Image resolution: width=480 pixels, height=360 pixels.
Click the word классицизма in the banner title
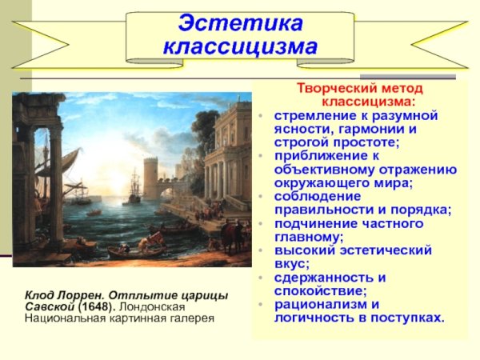(x=240, y=47)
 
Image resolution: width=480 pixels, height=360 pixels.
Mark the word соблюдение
(x=318, y=196)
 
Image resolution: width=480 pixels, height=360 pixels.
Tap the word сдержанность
(x=323, y=278)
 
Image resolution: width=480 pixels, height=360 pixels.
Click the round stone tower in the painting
(x=151, y=177)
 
